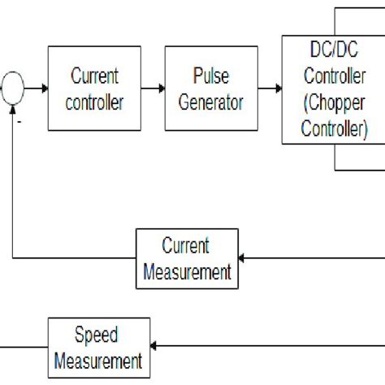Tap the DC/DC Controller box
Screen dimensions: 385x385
click(x=333, y=89)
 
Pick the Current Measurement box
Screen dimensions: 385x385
click(x=186, y=258)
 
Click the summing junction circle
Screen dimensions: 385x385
click(x=13, y=88)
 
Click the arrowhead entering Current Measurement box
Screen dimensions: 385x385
click(x=243, y=258)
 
